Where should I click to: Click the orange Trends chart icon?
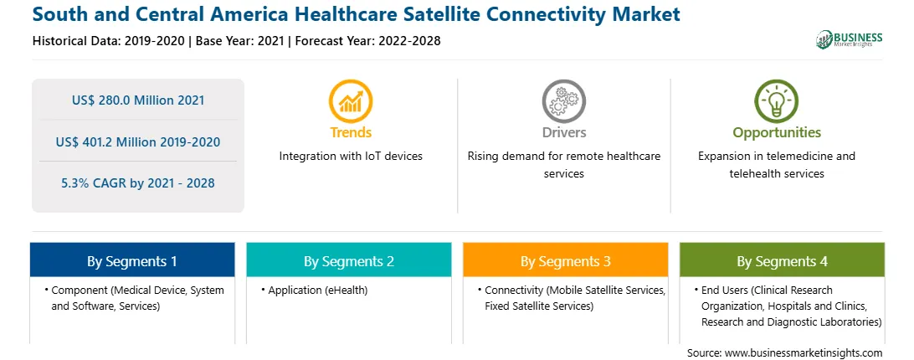(351, 101)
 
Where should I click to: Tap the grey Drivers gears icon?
(563, 101)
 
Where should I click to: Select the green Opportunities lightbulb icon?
(777, 101)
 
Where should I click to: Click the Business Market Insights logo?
(850, 39)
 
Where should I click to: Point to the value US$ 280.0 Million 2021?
(138, 100)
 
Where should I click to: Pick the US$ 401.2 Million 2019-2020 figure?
(138, 141)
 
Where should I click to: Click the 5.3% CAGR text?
(138, 183)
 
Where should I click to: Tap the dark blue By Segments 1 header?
(132, 260)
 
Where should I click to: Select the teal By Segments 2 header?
(348, 260)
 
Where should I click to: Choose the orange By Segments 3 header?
(566, 260)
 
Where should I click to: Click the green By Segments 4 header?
(783, 260)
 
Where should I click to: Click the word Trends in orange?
(351, 132)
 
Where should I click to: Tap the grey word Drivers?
(563, 132)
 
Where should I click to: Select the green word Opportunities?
(777, 132)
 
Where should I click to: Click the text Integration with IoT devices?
(351, 156)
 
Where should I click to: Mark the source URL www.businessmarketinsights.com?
(804, 352)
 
